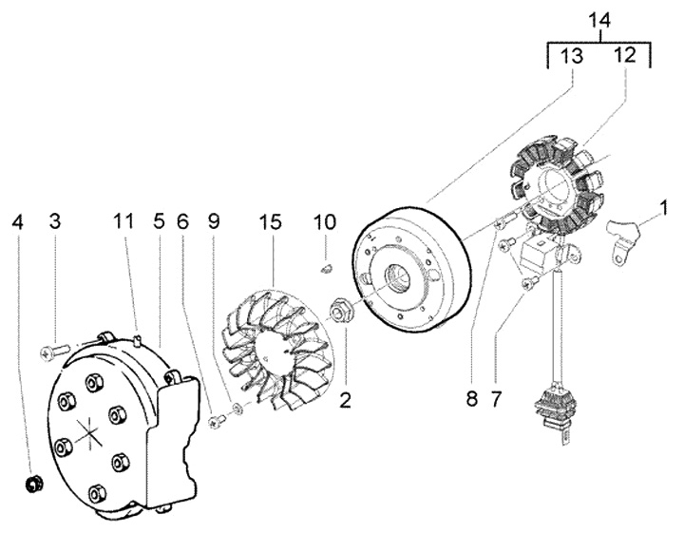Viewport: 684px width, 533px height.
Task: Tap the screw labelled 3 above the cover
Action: [52, 352]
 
